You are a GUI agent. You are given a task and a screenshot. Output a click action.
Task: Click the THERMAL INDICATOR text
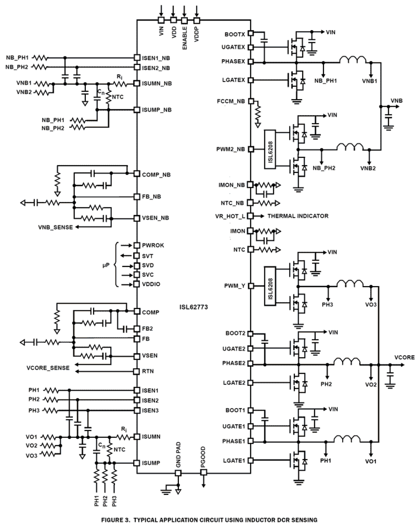[x=298, y=216]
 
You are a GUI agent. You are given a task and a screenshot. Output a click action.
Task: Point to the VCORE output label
[x=404, y=357]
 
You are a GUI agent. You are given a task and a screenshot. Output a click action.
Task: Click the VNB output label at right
[x=396, y=101]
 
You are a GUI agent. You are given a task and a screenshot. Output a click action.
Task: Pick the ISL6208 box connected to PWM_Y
[x=270, y=286]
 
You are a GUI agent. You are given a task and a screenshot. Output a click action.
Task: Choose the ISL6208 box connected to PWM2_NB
[x=270, y=149]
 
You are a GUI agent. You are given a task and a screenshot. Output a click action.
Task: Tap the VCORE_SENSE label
[x=48, y=368]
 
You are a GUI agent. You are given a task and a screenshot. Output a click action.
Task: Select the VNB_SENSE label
[x=55, y=227]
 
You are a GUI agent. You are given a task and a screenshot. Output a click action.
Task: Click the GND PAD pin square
[x=178, y=473]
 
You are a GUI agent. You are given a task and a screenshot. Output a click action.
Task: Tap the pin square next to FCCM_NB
[x=251, y=101]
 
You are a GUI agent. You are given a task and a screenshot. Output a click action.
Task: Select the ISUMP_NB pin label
[x=157, y=110]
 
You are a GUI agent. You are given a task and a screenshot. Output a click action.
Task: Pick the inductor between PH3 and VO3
[x=350, y=284]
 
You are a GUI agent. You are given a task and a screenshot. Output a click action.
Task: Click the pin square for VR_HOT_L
[x=251, y=216]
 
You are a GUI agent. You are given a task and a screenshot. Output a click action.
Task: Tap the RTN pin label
[x=148, y=371]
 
